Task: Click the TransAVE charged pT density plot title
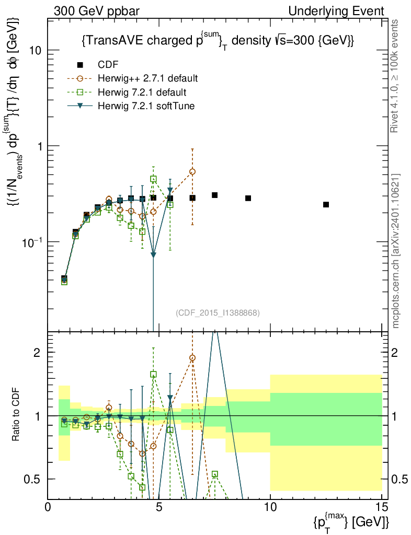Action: pos(219,41)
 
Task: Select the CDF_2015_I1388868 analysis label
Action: pos(218,312)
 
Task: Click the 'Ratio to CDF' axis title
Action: pos(16,415)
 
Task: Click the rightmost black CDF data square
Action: pos(326,204)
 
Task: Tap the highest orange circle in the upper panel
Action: pos(192,171)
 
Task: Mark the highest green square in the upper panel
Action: pos(153,179)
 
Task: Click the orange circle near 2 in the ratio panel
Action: pos(192,358)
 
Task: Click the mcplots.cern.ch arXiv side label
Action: pos(396,251)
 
